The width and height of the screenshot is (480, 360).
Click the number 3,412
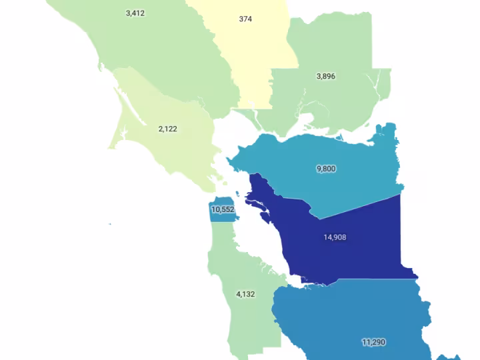click(135, 13)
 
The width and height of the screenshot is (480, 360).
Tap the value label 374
click(245, 19)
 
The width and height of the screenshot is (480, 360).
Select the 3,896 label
click(325, 77)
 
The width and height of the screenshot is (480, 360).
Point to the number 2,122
click(168, 129)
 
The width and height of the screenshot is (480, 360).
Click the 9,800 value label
click(326, 169)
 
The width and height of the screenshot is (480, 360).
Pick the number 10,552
click(223, 209)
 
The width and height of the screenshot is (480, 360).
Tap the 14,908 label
click(335, 237)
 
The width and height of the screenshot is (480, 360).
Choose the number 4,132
click(246, 294)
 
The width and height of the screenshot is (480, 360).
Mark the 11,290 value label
click(374, 342)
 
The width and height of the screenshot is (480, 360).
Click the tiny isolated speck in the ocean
click(111, 224)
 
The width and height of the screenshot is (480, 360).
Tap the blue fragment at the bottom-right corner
click(460, 357)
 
